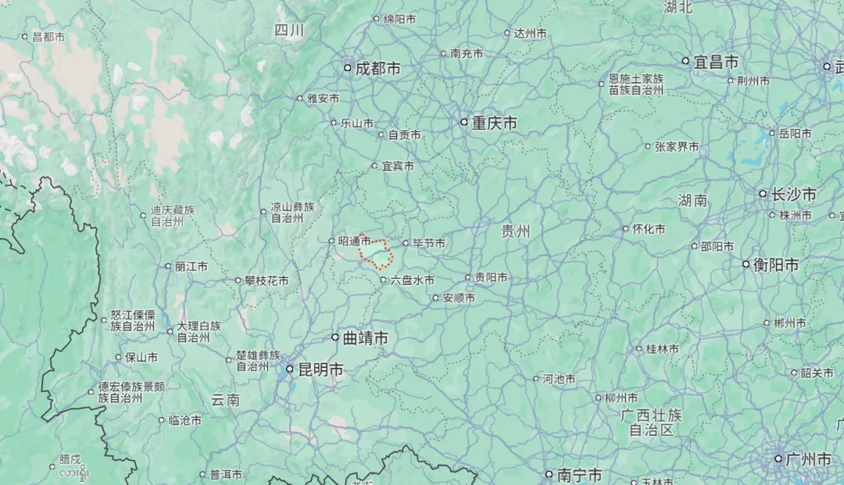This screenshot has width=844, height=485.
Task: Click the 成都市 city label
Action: [x=377, y=69]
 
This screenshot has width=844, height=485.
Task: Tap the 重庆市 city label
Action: [x=494, y=123]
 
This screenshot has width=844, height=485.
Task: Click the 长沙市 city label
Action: [x=793, y=194]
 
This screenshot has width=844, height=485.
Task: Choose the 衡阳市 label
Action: [x=776, y=266]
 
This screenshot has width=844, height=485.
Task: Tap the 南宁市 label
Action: [x=579, y=475]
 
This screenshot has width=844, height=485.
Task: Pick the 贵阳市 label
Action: [x=491, y=278]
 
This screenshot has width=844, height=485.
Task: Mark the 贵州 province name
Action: [x=516, y=231]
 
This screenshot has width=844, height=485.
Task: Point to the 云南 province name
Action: [x=225, y=400]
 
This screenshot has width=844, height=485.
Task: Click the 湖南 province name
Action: [x=693, y=201]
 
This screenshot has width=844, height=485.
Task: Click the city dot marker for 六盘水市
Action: [x=384, y=280]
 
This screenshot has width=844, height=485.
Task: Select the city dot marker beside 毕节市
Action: [x=406, y=243]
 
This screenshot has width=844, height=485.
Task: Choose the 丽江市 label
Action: [x=191, y=266]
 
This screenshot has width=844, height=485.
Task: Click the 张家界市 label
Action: [x=677, y=147]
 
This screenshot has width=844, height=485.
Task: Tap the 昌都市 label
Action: [x=48, y=37]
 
